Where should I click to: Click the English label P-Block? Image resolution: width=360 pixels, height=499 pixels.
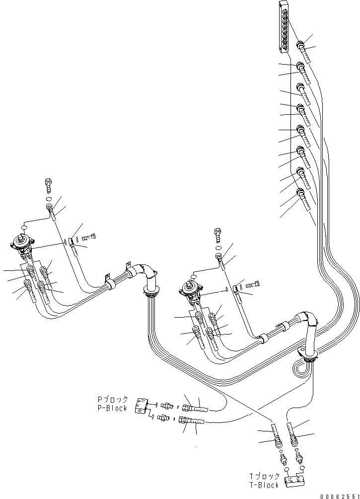112,408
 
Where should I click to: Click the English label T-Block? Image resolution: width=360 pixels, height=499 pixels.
264,485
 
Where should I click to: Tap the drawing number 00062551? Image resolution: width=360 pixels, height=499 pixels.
339,496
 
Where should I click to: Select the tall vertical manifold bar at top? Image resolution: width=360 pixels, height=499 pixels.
284,26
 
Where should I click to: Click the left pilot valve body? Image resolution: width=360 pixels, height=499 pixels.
23,246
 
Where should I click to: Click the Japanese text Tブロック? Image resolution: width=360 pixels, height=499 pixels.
265,477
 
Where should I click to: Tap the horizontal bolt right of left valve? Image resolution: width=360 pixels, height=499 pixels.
89,237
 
